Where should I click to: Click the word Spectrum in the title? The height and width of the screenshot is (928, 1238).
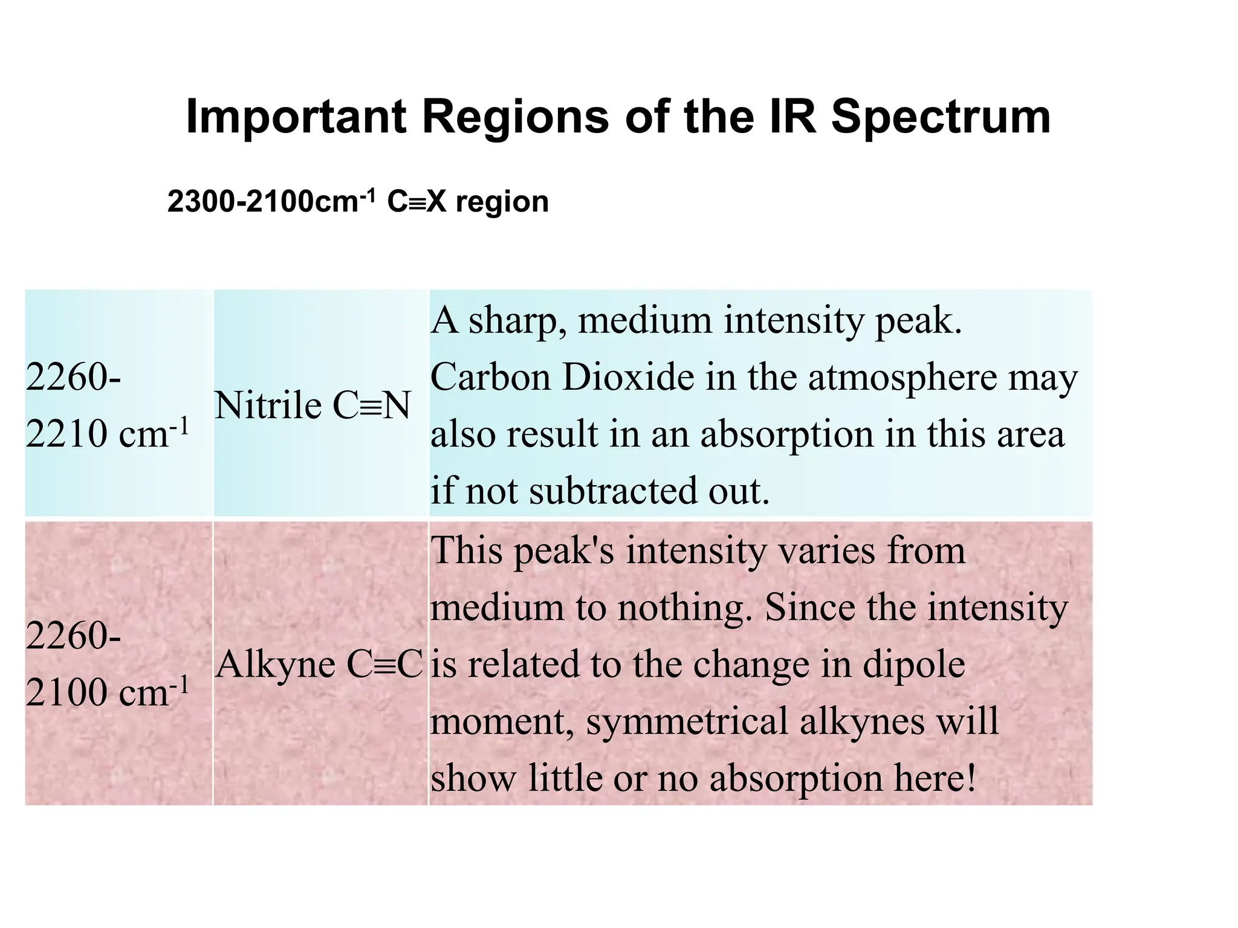point(941,117)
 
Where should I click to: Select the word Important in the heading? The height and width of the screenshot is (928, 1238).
point(296,117)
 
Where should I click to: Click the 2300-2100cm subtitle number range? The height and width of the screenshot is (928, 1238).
point(264,202)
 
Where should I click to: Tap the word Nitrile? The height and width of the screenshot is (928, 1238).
point(268,405)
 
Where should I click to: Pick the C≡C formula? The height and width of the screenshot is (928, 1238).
point(384,665)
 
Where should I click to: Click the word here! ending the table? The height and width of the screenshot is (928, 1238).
point(936,778)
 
